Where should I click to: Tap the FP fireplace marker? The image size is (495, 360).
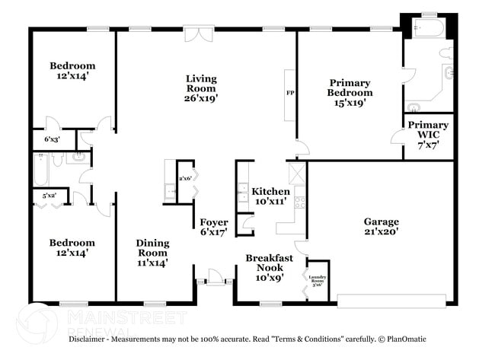point(290,93)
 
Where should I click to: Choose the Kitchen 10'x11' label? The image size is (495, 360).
point(270,196)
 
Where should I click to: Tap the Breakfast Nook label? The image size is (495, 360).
point(269,268)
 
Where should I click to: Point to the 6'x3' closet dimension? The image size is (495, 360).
point(52,140)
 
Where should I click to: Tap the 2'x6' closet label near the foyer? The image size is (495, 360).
point(184,178)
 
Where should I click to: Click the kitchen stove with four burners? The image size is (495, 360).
point(300,203)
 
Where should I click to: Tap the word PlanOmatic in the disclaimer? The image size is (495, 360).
point(403,339)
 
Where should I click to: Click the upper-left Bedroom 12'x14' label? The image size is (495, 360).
point(72,71)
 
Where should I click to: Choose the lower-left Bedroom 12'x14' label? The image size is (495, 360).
point(72,248)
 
